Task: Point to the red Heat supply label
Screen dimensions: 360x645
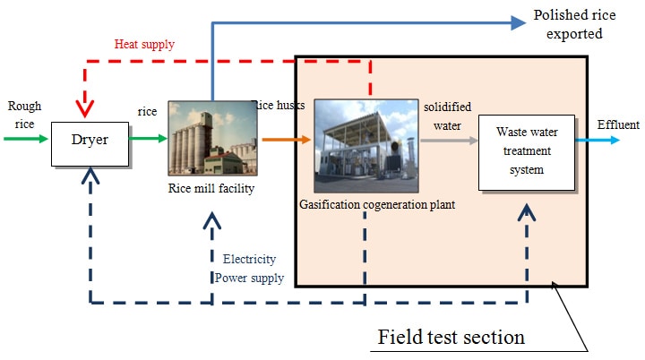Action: (x=144, y=44)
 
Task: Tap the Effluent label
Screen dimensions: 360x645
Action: (x=618, y=124)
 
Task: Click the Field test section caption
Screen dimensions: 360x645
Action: (x=451, y=338)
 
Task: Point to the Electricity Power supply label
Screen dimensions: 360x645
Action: (x=250, y=268)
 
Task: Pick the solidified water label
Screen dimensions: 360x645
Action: (x=447, y=115)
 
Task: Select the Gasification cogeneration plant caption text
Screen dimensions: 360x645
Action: (x=377, y=204)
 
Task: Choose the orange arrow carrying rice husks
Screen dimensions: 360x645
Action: (x=287, y=139)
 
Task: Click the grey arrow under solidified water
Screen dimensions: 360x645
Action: (x=446, y=139)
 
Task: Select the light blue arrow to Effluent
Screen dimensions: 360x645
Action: (x=594, y=140)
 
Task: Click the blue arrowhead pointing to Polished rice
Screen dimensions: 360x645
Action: (x=517, y=22)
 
